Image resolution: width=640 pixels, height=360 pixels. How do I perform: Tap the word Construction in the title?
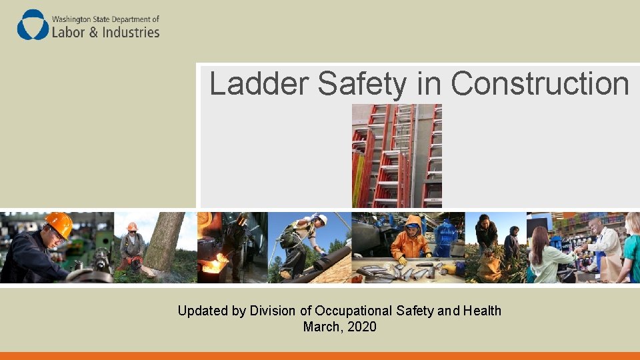(x=540, y=84)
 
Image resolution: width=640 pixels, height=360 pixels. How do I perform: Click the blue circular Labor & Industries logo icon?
(x=33, y=25)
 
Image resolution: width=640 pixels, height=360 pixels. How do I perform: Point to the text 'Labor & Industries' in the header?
(x=106, y=32)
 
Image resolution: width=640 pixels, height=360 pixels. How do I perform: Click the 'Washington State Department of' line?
(x=105, y=19)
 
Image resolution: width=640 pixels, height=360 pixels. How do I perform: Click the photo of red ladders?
(x=397, y=156)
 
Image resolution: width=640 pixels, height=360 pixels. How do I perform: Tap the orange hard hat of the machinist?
(x=59, y=223)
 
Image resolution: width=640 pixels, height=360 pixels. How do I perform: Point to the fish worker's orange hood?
(x=413, y=222)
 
